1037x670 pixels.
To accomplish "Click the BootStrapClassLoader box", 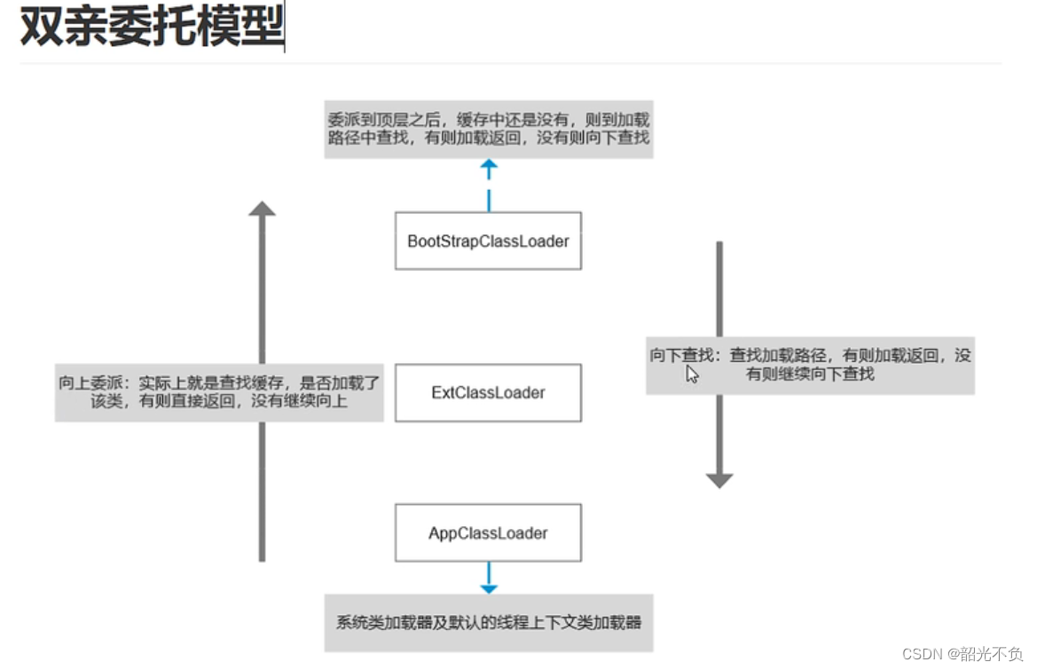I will [488, 240].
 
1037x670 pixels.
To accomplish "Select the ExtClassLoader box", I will [488, 392].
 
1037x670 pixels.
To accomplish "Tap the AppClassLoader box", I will [488, 532].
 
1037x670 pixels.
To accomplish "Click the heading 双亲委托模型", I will [151, 30].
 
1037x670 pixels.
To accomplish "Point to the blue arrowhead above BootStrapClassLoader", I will [488, 166].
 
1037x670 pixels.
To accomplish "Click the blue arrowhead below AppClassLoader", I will [488, 587].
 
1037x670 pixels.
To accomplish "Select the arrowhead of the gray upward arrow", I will [262, 209].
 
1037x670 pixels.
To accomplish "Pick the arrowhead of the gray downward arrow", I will [719, 480].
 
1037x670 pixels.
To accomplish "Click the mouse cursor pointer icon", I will [692, 374].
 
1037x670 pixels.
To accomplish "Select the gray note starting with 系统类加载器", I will [488, 622].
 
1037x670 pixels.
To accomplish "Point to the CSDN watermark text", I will [922, 654].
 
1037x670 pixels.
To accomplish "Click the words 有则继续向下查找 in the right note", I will [810, 374].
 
